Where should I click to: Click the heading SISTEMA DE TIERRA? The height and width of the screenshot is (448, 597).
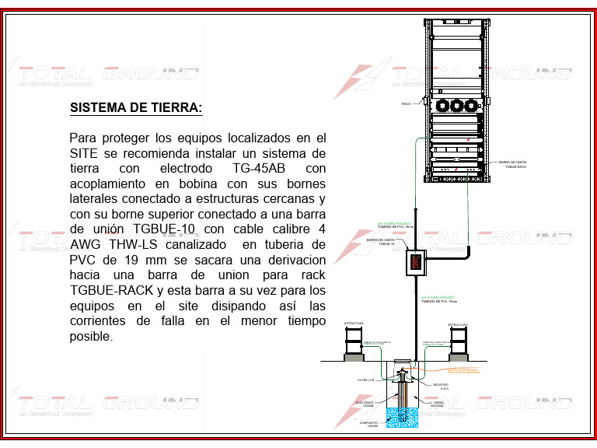(136, 107)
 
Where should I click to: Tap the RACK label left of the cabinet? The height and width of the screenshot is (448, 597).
(406, 103)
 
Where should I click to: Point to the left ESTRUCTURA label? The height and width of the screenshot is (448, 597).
(354, 324)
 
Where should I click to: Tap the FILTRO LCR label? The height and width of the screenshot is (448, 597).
(366, 380)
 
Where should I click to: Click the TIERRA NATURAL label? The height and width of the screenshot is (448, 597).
(437, 404)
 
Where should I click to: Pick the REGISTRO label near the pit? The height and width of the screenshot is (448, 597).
(440, 387)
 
